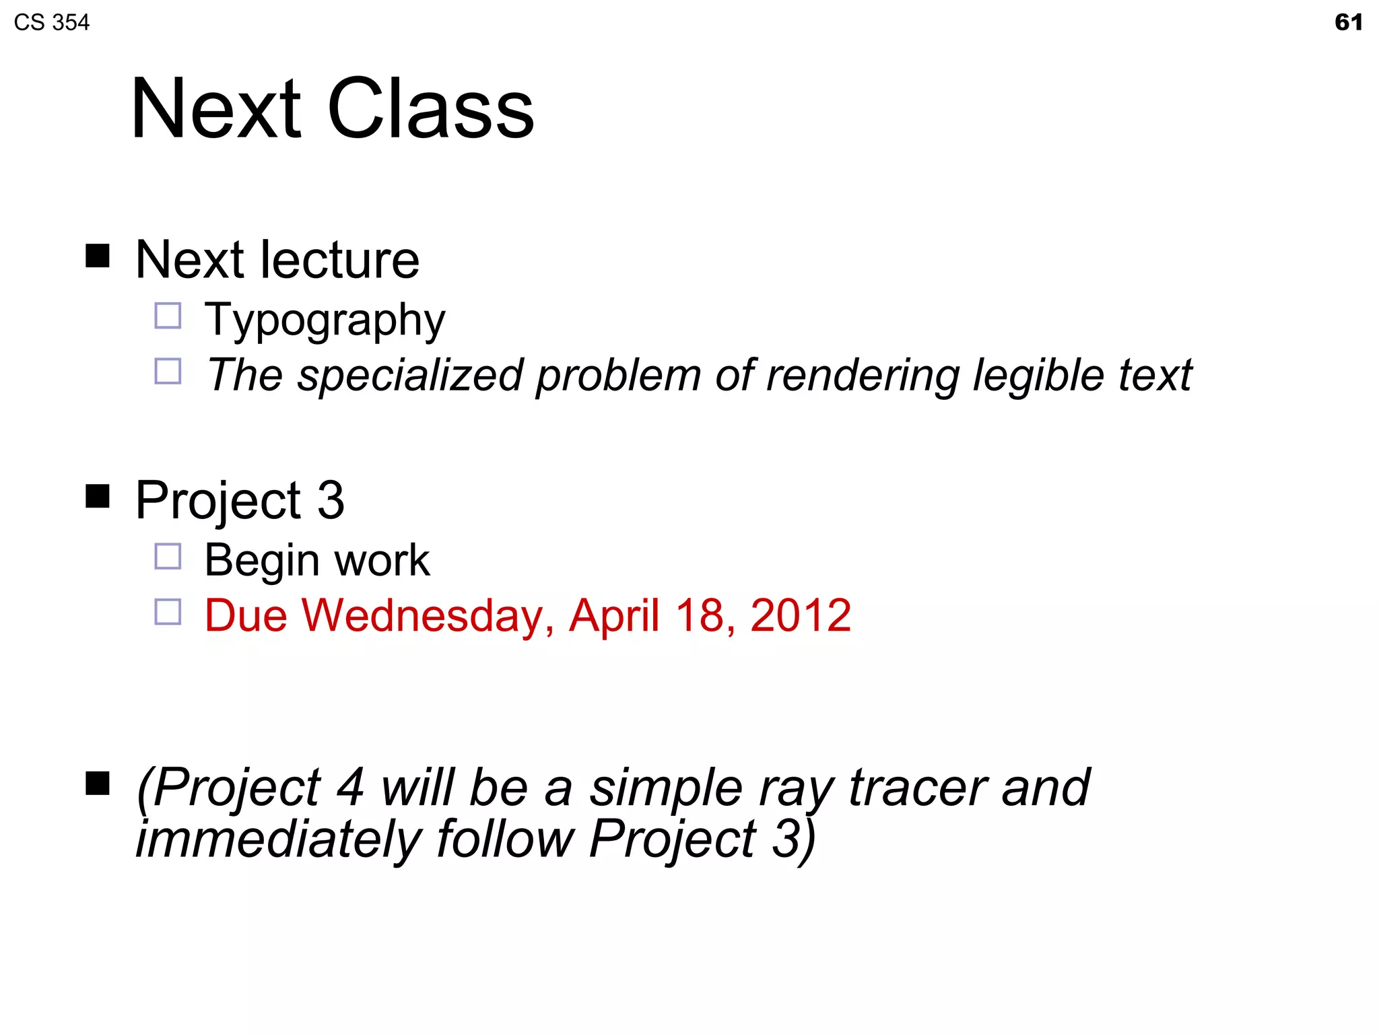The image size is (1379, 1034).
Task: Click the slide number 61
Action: tap(1348, 22)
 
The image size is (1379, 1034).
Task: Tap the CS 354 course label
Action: tap(51, 23)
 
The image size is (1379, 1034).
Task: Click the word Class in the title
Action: tap(431, 109)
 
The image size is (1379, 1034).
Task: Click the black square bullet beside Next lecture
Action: tap(98, 256)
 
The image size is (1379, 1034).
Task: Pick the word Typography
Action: tap(325, 320)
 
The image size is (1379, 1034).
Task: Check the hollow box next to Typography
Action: tap(168, 316)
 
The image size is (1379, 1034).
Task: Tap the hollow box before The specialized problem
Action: tap(168, 371)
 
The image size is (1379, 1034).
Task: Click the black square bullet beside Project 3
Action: tap(98, 497)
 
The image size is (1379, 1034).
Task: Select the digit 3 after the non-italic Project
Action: tap(331, 500)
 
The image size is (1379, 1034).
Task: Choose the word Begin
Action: tap(262, 561)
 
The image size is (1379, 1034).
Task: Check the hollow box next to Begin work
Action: tap(168, 557)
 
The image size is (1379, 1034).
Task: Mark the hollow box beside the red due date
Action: tap(168, 612)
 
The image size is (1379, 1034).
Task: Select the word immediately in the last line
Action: tap(278, 839)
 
